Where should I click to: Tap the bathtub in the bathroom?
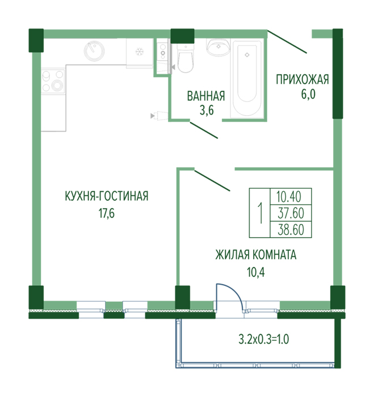point(247,78)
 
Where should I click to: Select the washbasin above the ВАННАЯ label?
point(218,47)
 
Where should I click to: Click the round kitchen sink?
point(94,51)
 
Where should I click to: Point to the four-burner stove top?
point(53,81)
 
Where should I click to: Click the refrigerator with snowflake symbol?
point(140,53)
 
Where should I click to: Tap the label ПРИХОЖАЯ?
point(302,79)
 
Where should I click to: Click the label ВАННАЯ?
point(206,96)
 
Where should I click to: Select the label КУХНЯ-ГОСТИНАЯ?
point(107,196)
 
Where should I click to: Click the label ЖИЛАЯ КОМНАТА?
point(256,255)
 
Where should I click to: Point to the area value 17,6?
point(107,213)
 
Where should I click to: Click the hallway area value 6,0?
point(308,94)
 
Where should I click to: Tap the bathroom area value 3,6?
point(207,111)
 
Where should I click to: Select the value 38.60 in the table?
point(291,230)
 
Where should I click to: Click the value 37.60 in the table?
point(291,213)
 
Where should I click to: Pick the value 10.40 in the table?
point(289,196)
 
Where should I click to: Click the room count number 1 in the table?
point(260,213)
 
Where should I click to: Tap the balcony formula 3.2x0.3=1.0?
point(264,339)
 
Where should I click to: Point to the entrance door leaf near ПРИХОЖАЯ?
point(287,42)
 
